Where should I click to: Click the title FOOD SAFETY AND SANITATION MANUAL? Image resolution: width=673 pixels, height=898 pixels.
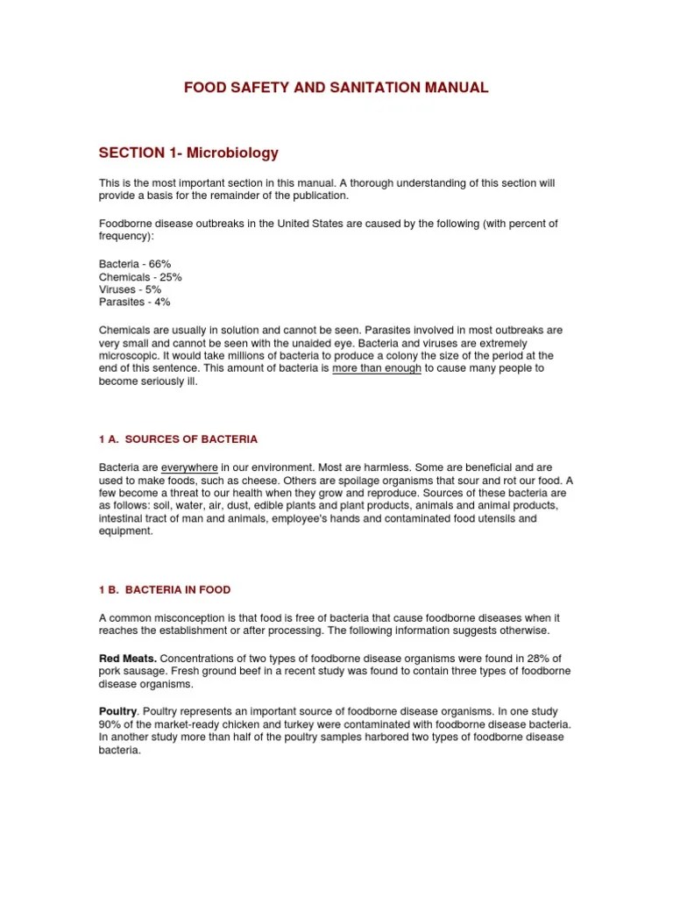(x=336, y=88)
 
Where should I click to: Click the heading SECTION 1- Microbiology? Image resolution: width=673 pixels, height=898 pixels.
(x=188, y=153)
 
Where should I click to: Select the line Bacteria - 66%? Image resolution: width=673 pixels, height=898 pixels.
(x=135, y=264)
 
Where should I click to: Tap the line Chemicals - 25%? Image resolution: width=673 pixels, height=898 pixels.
(x=140, y=277)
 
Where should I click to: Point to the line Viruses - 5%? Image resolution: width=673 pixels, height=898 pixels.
(x=130, y=289)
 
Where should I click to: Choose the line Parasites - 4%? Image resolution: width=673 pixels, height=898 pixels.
(x=135, y=302)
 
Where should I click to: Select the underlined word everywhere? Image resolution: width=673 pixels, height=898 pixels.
(x=189, y=468)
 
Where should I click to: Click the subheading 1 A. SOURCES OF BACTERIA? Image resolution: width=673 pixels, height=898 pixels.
(x=178, y=438)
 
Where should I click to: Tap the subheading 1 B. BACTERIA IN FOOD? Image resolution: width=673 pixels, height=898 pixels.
(x=165, y=590)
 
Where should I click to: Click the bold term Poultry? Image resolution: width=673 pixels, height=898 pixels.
(x=118, y=711)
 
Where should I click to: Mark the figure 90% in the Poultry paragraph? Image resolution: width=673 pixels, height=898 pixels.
(x=110, y=724)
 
